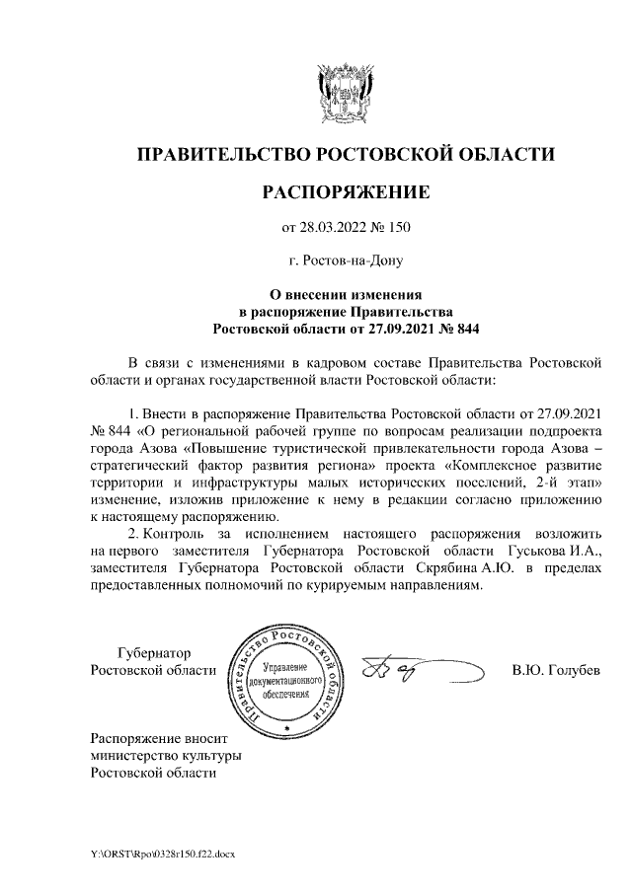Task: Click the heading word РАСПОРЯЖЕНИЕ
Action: pyautogui.click(x=345, y=191)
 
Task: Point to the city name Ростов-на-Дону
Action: pyautogui.click(x=346, y=261)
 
